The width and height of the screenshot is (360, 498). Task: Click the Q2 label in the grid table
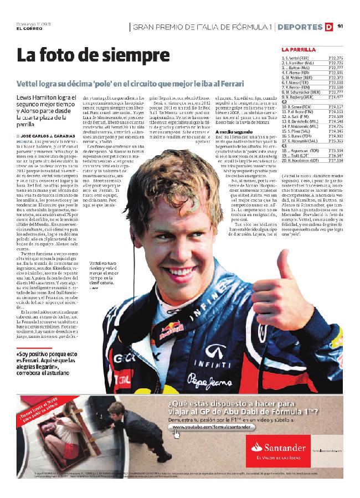tap(285, 101)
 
